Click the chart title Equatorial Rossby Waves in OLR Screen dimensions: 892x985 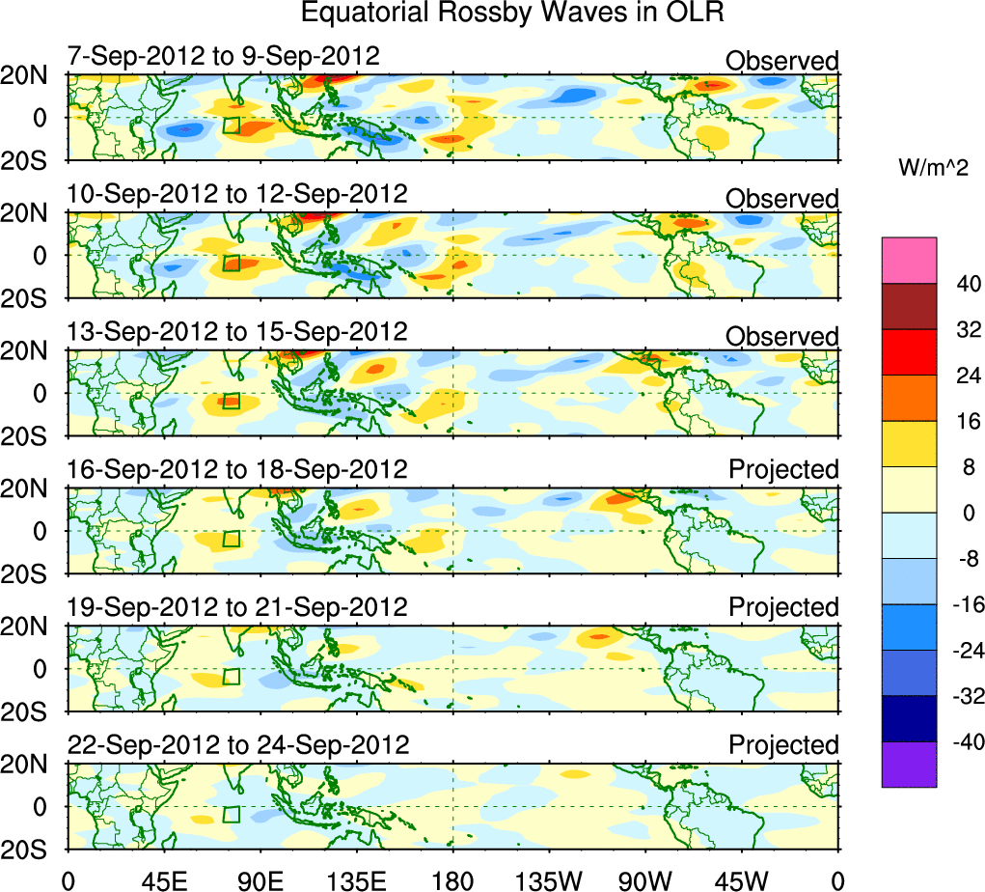(512, 14)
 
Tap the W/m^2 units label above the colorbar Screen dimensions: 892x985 (933, 168)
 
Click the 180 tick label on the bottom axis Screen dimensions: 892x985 (453, 879)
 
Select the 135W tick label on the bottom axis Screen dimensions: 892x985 (550, 879)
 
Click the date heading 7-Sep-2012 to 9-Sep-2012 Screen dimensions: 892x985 (224, 56)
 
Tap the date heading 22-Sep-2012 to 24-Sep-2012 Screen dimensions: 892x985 (238, 745)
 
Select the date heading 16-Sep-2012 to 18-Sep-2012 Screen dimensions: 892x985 (238, 470)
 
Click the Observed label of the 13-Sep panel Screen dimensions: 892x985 (782, 337)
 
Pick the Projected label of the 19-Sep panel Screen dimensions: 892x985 (783, 607)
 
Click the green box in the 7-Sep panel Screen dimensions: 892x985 (231, 125)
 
